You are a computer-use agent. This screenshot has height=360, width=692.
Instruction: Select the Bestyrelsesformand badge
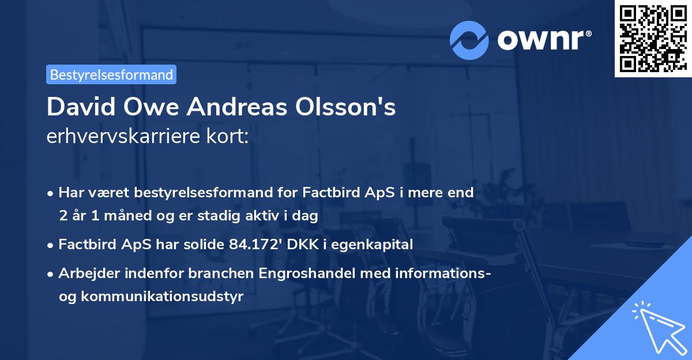(x=111, y=74)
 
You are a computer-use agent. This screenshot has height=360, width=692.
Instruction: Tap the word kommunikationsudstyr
(x=161, y=297)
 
